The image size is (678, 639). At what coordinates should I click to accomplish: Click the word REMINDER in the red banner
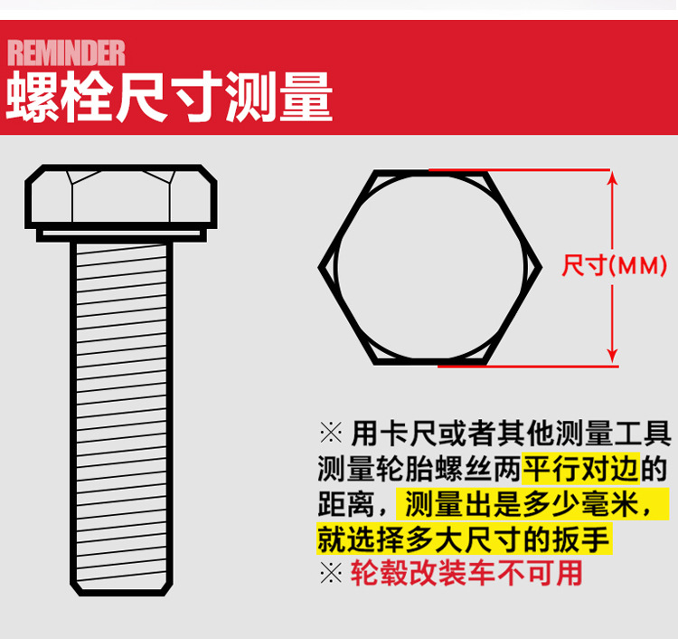pyautogui.click(x=66, y=52)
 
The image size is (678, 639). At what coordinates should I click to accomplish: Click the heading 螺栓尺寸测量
pyautogui.click(x=169, y=98)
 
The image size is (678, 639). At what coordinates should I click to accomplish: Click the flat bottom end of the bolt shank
pyautogui.click(x=120, y=592)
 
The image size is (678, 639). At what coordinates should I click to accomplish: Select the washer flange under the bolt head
pyautogui.click(x=120, y=234)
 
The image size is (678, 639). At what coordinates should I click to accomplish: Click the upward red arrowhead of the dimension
pyautogui.click(x=614, y=178)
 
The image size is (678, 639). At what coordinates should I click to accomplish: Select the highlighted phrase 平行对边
pyautogui.click(x=581, y=468)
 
